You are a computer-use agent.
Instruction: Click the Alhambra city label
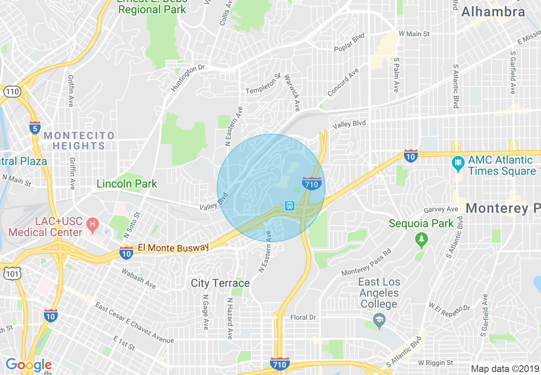493,12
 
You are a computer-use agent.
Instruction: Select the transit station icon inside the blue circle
290,206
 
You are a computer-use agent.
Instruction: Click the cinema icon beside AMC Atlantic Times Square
458,162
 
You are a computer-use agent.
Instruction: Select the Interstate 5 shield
35,128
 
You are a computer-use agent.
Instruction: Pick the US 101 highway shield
12,274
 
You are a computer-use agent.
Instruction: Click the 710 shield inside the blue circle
311,184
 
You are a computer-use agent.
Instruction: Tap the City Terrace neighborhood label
220,283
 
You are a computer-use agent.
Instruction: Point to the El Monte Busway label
173,248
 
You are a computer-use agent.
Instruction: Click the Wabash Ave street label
139,278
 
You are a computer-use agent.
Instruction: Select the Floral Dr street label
303,317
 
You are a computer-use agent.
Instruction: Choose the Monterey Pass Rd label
366,263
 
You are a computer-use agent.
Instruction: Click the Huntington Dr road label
188,78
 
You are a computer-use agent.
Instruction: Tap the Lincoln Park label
127,184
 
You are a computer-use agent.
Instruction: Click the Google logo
29,365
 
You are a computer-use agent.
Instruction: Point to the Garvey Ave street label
441,210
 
